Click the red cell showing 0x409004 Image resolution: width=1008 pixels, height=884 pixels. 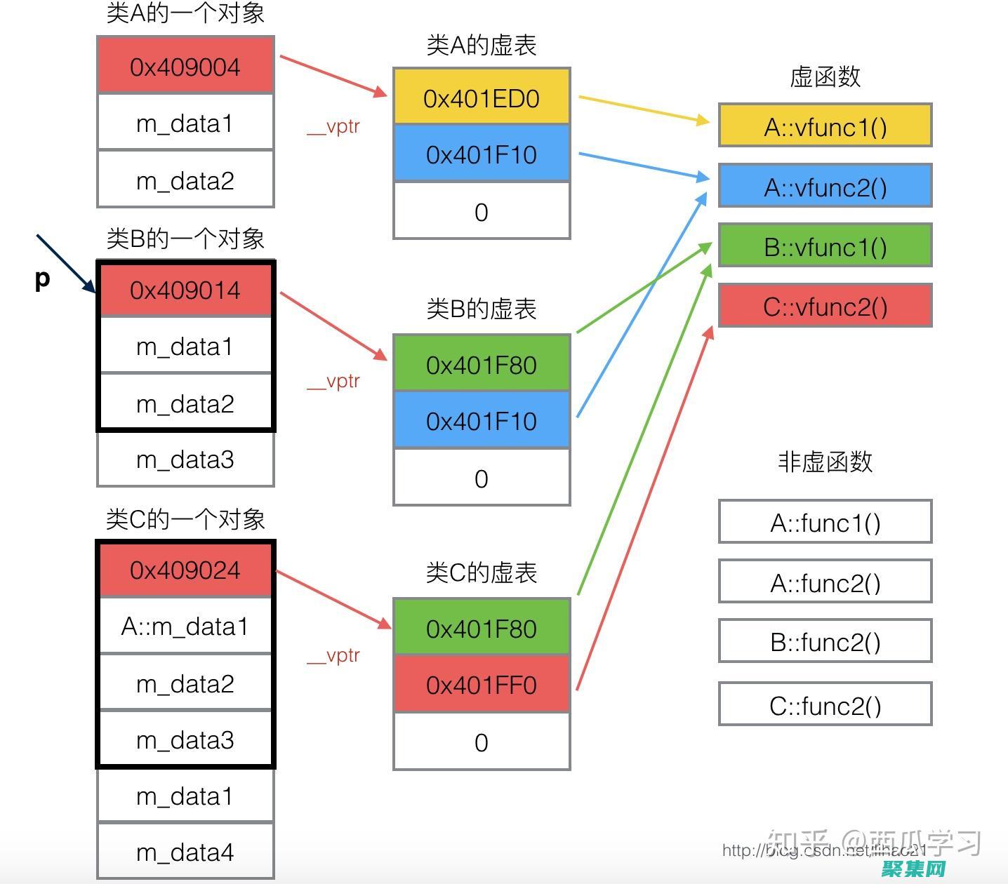[x=185, y=67]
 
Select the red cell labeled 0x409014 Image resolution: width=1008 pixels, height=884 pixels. [x=185, y=290]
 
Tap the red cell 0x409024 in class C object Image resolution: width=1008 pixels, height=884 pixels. [x=185, y=570]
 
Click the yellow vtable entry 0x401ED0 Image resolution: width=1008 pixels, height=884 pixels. [x=482, y=98]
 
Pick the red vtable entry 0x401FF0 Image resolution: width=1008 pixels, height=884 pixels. [x=482, y=685]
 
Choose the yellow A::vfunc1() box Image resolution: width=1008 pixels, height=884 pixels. [x=825, y=127]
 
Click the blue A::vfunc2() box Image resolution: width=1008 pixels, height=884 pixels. [x=825, y=187]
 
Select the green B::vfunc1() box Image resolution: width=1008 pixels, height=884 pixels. [x=825, y=247]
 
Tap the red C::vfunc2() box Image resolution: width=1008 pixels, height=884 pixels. [x=825, y=307]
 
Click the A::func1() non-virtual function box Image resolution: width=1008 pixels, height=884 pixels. [x=825, y=523]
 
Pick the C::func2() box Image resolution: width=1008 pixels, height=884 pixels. [x=825, y=705]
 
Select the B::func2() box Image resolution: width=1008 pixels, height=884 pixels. [x=825, y=642]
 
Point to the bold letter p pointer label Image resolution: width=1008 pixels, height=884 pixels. [x=42, y=279]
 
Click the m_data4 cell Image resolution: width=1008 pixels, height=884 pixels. [x=185, y=852]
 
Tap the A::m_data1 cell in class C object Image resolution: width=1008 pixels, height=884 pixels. [x=185, y=626]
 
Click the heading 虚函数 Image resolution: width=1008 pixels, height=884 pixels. [x=825, y=77]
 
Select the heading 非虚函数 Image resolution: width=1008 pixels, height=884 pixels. [x=825, y=462]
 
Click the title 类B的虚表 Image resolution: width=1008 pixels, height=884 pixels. [x=482, y=309]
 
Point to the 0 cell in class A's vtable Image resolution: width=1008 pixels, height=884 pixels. [x=482, y=212]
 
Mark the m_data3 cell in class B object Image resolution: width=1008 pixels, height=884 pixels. [x=185, y=460]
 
